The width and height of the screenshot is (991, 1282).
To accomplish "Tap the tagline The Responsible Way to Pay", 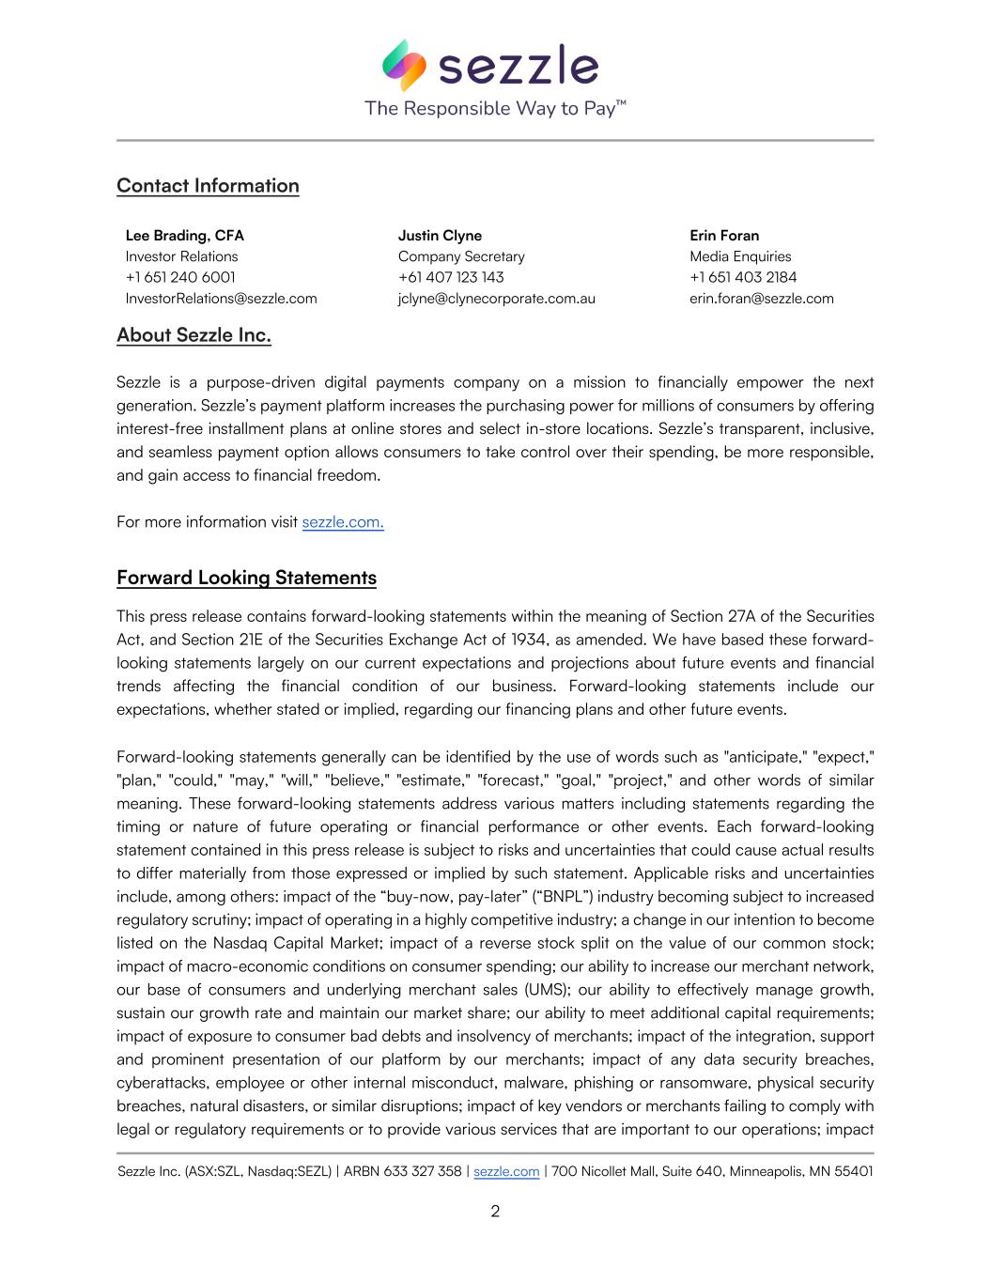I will click(495, 108).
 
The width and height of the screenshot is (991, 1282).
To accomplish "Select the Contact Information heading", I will click(208, 186).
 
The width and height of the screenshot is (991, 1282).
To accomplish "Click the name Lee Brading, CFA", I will click(184, 236).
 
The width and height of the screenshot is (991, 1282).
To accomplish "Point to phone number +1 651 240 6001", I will click(180, 277).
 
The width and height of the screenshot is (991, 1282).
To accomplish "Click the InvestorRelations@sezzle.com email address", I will click(221, 299).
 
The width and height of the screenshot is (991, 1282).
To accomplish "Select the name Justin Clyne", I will click(440, 236).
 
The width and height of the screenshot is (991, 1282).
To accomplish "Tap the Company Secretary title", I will click(461, 256).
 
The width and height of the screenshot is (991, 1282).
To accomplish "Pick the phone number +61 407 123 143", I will click(451, 277).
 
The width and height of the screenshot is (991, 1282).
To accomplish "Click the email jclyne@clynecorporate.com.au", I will click(496, 299).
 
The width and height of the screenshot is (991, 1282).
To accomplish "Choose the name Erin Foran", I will click(724, 236).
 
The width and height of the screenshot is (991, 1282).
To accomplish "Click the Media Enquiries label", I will click(740, 256).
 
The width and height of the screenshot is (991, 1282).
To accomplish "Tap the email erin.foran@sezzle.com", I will click(762, 299).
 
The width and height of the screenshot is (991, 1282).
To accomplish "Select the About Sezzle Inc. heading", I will click(194, 335).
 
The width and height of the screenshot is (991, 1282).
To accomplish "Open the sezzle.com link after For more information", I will click(343, 522).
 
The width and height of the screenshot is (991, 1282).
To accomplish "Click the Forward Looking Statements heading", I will click(246, 578).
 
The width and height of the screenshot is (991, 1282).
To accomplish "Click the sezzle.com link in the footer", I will click(506, 1171).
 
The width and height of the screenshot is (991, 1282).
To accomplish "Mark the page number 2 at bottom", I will click(495, 1212).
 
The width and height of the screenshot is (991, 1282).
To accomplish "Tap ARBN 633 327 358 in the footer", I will click(403, 1171).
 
